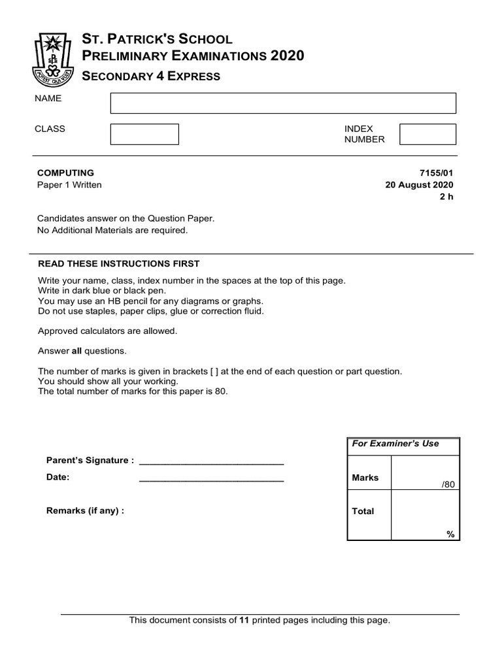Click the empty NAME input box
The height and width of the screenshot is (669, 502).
(x=283, y=103)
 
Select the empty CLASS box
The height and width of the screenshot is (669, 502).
(x=144, y=134)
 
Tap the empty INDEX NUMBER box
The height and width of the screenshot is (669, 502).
(x=427, y=134)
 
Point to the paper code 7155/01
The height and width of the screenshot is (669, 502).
(x=436, y=173)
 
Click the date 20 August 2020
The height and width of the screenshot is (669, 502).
(x=420, y=185)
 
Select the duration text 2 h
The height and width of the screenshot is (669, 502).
(x=446, y=197)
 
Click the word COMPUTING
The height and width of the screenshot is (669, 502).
(x=65, y=173)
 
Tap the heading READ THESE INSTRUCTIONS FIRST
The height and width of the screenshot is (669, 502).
(x=118, y=263)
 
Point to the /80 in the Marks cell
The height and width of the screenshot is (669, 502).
(x=448, y=484)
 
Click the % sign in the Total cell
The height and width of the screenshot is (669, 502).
(x=450, y=534)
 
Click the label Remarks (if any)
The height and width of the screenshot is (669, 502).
(x=85, y=511)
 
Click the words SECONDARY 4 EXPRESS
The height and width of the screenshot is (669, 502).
(x=150, y=76)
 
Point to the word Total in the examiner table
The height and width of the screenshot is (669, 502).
(x=363, y=512)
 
